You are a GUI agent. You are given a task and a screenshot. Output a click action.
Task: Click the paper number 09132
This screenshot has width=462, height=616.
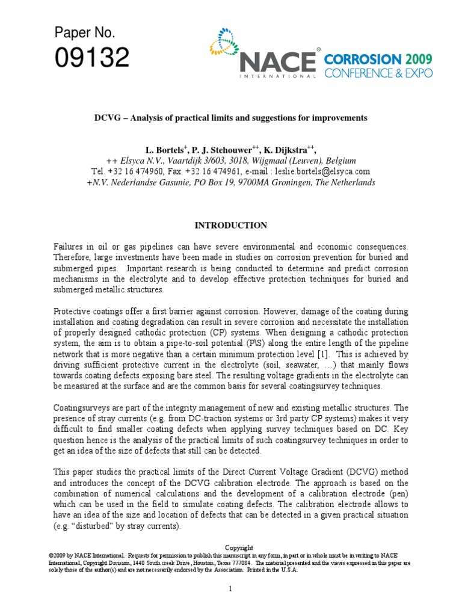[92, 58]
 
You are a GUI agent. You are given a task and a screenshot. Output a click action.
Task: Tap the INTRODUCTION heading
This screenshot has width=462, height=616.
[230, 226]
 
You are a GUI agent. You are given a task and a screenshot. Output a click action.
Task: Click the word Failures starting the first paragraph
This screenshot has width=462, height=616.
[70, 247]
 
